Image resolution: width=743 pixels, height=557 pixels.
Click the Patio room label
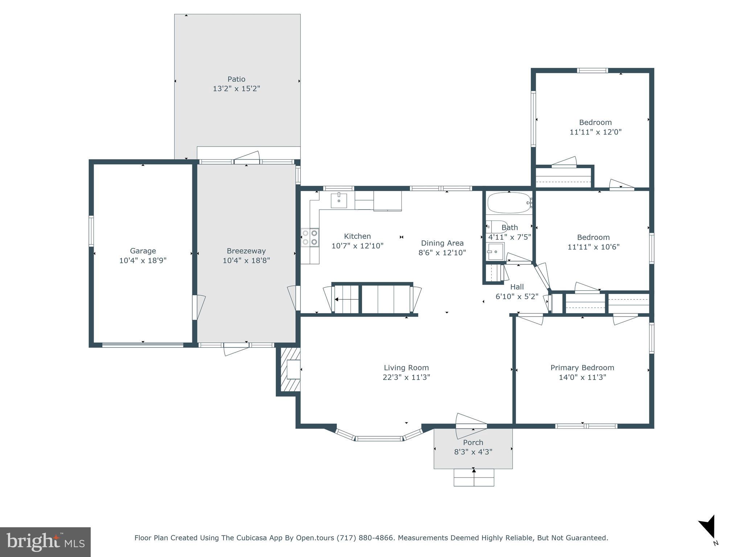[236, 79]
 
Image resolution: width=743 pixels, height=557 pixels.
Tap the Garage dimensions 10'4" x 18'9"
[143, 260]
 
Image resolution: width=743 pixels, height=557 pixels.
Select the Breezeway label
[246, 251]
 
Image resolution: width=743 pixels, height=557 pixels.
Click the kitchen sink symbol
[338, 201]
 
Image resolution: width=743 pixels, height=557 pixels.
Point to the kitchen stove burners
[310, 238]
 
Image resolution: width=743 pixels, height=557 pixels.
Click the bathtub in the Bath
[509, 203]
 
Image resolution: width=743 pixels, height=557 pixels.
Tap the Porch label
[473, 442]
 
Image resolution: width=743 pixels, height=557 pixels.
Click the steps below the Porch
[474, 478]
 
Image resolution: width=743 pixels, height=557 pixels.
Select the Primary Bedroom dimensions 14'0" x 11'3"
[582, 377]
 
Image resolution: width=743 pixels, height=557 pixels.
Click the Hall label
[517, 287]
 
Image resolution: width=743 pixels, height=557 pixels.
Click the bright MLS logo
[45, 542]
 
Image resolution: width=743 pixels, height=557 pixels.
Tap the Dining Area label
[442, 243]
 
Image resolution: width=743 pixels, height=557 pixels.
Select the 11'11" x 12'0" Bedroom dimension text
[595, 132]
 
